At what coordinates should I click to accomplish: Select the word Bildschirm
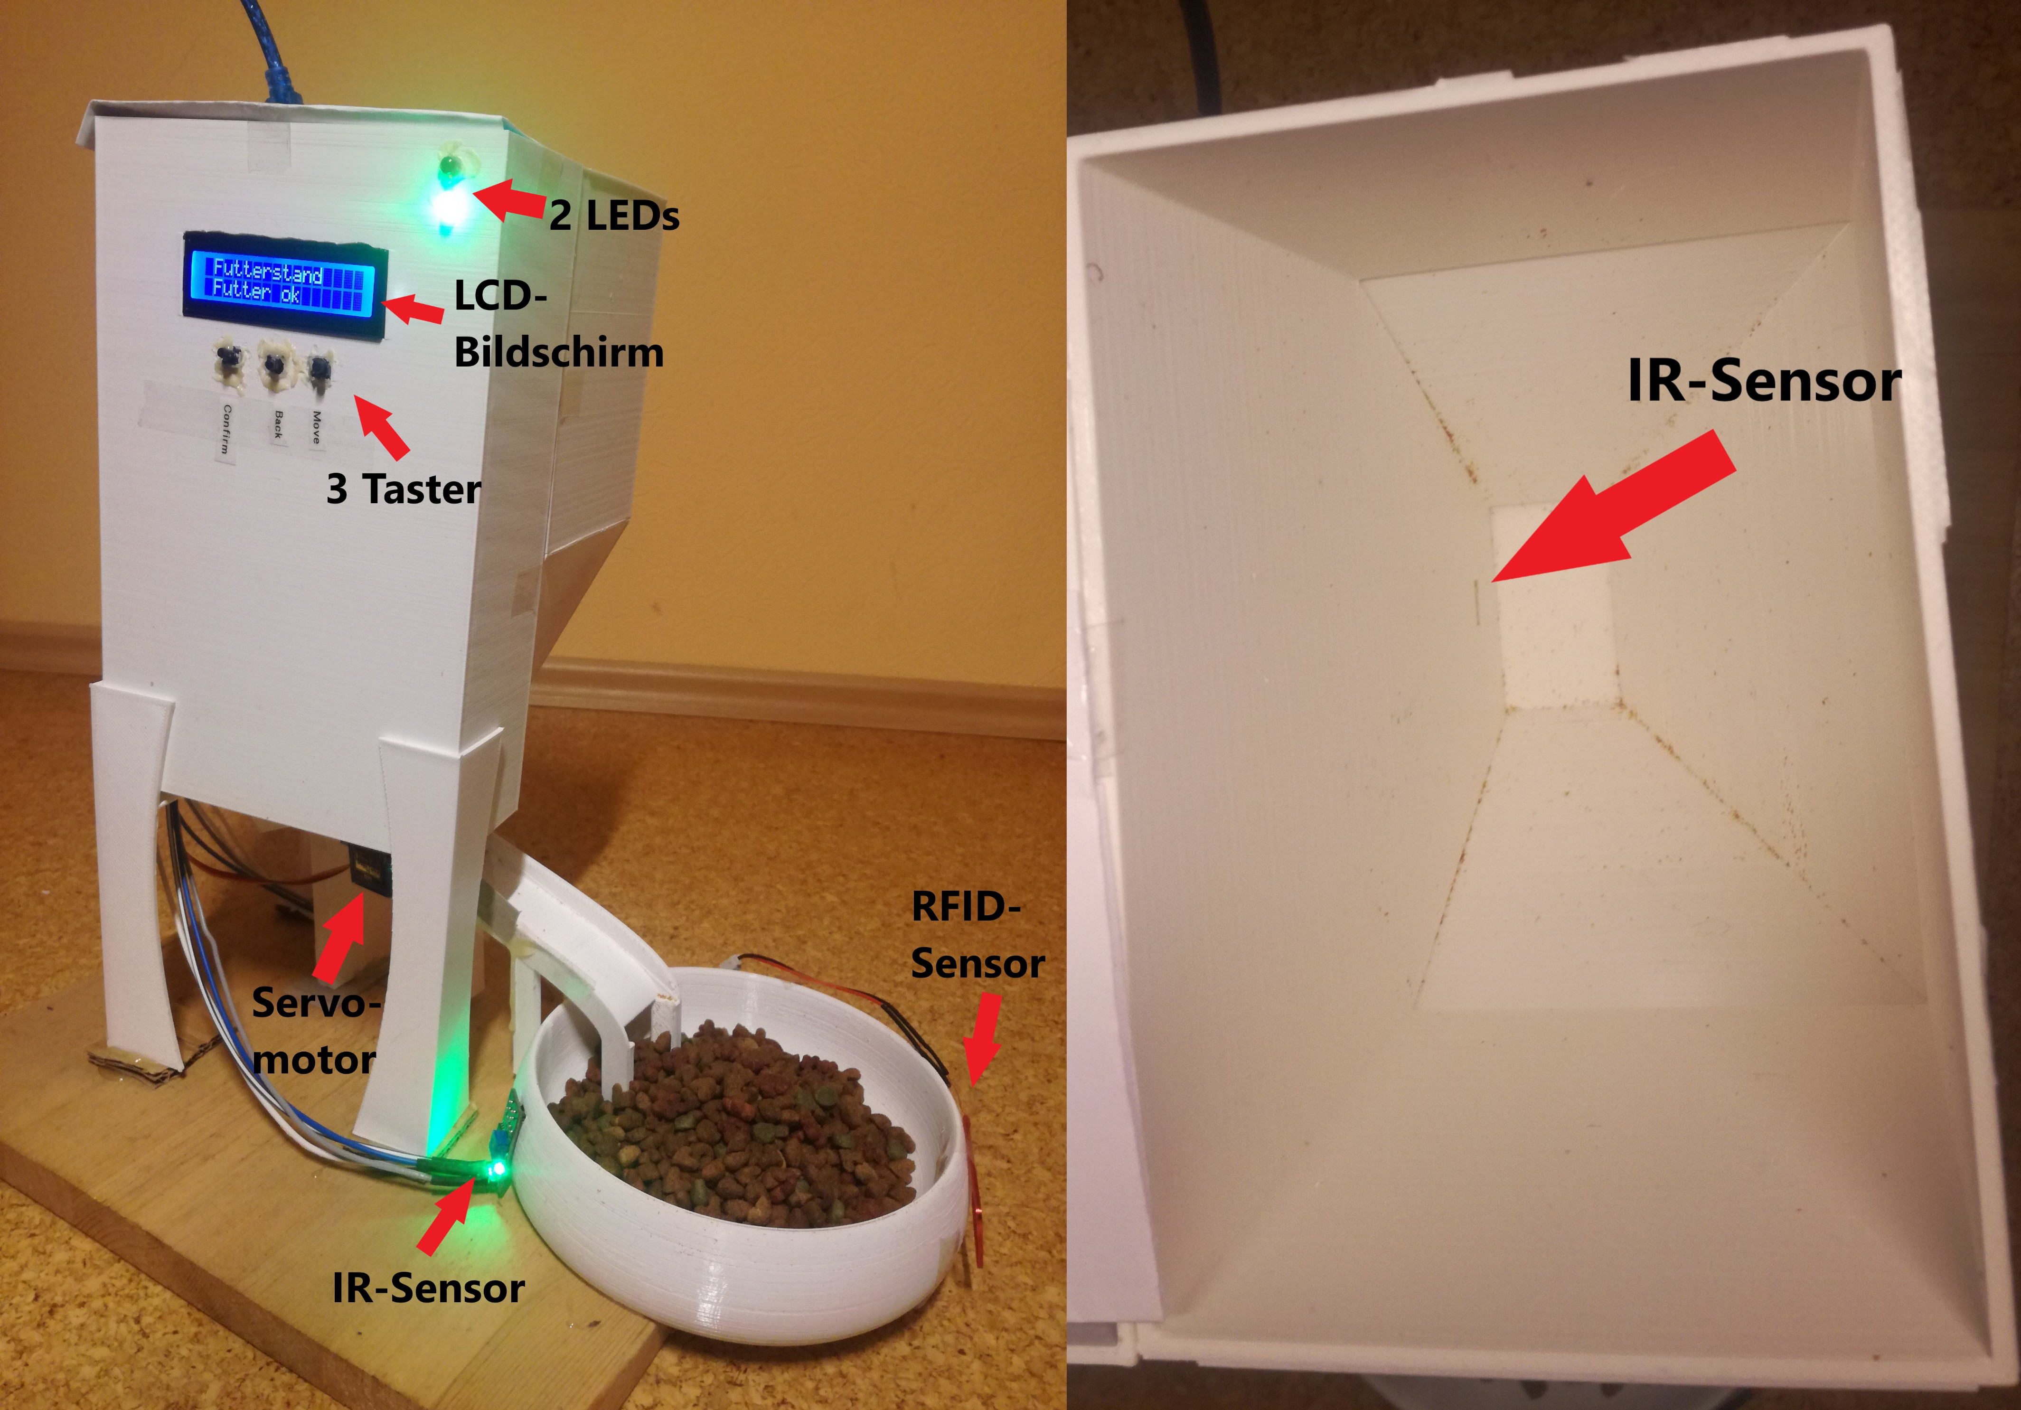point(559,353)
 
